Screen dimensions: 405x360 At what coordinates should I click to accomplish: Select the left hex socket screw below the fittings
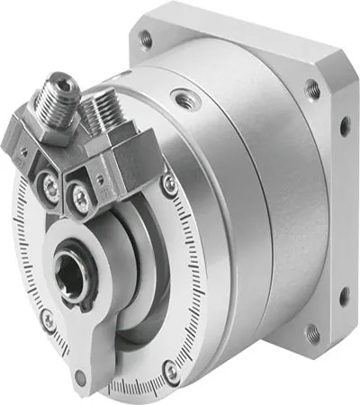(x=53, y=190)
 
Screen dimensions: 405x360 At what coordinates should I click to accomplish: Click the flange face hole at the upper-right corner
(x=311, y=87)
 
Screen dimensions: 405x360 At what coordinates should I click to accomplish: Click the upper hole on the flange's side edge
(x=343, y=126)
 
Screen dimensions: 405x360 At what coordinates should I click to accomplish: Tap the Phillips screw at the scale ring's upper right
(x=170, y=184)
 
